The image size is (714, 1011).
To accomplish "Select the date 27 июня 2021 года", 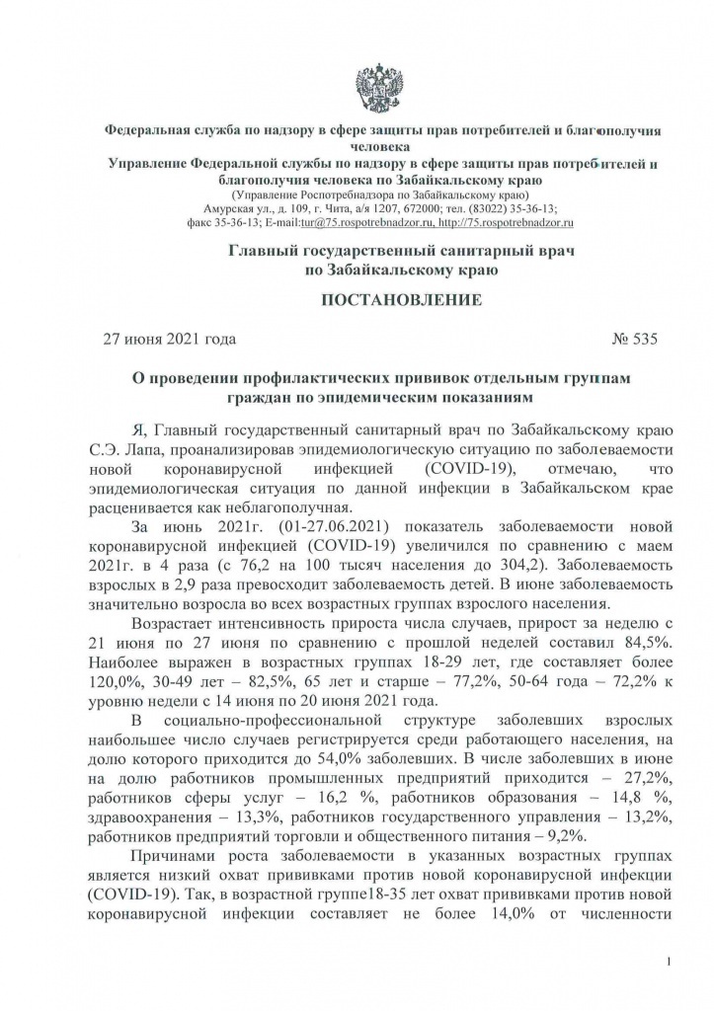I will pyautogui.click(x=170, y=340).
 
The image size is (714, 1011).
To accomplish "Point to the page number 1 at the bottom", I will pyautogui.click(x=671, y=961).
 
